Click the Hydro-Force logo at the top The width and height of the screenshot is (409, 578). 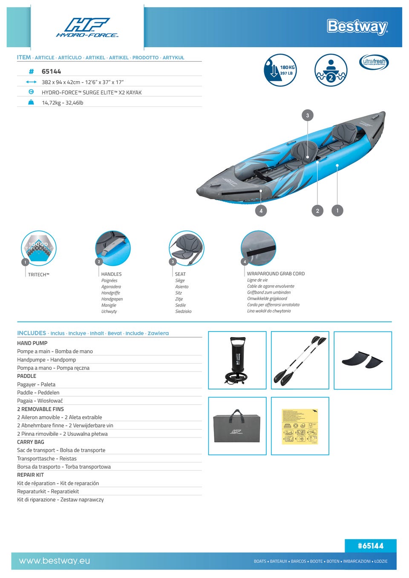pyautogui.click(x=87, y=28)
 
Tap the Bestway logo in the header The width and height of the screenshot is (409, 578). pyautogui.click(x=357, y=26)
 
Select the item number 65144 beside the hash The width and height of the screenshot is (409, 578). pyautogui.click(x=51, y=72)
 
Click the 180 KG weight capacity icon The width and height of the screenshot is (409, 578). pyautogui.click(x=280, y=70)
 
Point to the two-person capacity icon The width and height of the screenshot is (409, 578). pyautogui.click(x=331, y=70)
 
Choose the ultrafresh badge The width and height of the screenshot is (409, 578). pyautogui.click(x=374, y=62)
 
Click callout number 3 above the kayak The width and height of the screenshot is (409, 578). pyautogui.click(x=308, y=115)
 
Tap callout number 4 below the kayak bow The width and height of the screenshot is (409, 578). pyautogui.click(x=261, y=210)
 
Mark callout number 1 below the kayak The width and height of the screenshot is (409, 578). pyautogui.click(x=337, y=210)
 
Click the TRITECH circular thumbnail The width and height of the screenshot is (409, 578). pyautogui.click(x=39, y=248)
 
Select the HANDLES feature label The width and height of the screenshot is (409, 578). pyautogui.click(x=111, y=274)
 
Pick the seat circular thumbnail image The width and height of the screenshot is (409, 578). pyautogui.click(x=187, y=248)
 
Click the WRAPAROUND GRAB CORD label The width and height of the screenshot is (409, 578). pyautogui.click(x=276, y=274)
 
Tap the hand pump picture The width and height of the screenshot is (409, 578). pyautogui.click(x=237, y=360)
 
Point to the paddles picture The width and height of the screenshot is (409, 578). pyautogui.click(x=300, y=360)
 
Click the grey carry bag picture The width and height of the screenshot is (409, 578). pyautogui.click(x=237, y=426)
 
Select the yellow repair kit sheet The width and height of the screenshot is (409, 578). pyautogui.click(x=300, y=426)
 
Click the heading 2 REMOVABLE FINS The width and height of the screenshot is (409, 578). pyautogui.click(x=40, y=409)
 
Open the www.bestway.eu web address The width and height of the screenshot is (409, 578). pyautogui.click(x=55, y=561)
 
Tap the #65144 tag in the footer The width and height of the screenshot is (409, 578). pyautogui.click(x=370, y=546)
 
